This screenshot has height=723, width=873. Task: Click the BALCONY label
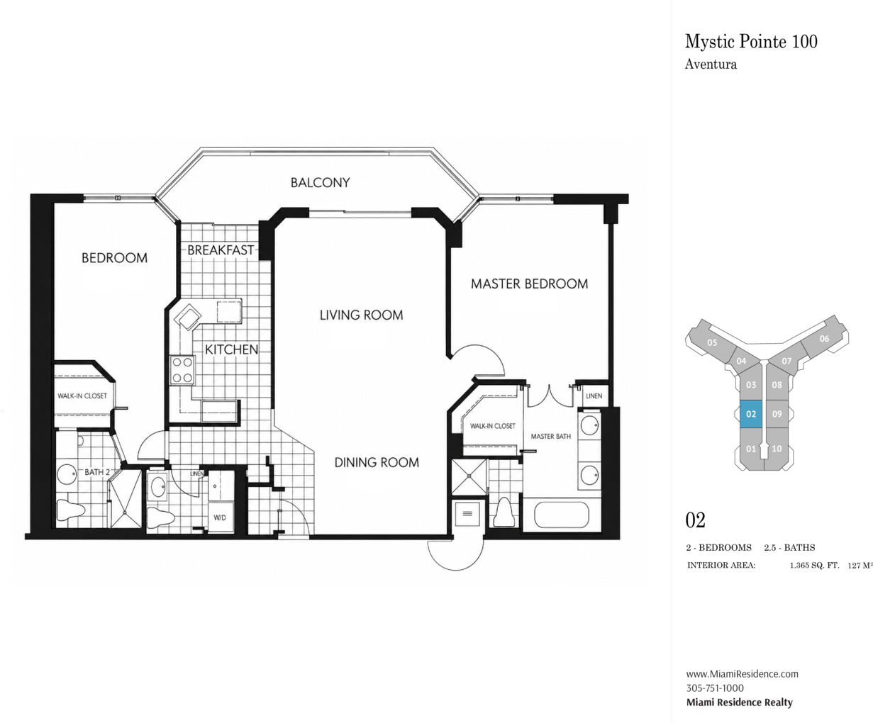click(321, 183)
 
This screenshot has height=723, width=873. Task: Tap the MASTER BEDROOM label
click(529, 284)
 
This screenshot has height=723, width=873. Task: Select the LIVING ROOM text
click(361, 315)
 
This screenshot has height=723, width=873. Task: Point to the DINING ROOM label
click(377, 462)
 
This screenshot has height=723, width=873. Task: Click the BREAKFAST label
click(221, 250)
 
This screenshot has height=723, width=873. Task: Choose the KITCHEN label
click(232, 349)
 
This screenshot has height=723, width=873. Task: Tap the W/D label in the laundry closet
click(220, 518)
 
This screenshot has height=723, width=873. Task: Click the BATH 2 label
click(97, 472)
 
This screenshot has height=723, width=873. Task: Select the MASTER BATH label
click(550, 437)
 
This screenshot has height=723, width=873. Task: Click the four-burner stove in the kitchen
click(182, 370)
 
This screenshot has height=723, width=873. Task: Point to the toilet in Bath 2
click(71, 510)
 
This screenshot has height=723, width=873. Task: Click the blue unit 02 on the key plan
click(751, 414)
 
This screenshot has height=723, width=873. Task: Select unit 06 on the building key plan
click(824, 339)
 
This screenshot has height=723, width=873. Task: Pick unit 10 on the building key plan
click(777, 449)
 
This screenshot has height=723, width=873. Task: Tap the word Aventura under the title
click(711, 65)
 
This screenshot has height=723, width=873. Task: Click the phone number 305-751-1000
click(715, 688)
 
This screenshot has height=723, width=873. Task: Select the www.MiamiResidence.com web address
click(742, 673)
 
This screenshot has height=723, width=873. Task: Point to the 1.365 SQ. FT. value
click(814, 566)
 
